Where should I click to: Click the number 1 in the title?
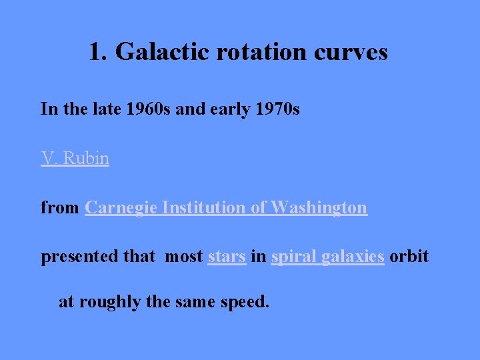coord(96,51)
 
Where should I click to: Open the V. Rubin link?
coord(75,158)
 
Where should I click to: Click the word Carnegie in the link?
coord(121,207)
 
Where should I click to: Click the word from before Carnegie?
coord(59,207)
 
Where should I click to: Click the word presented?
coord(80,257)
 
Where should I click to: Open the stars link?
coord(227,257)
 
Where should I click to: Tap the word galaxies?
coord(353,257)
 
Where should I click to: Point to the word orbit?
coord(409,257)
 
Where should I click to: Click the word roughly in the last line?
coord(110,302)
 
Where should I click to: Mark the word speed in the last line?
coord(247,302)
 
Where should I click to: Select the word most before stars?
coord(183,257)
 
